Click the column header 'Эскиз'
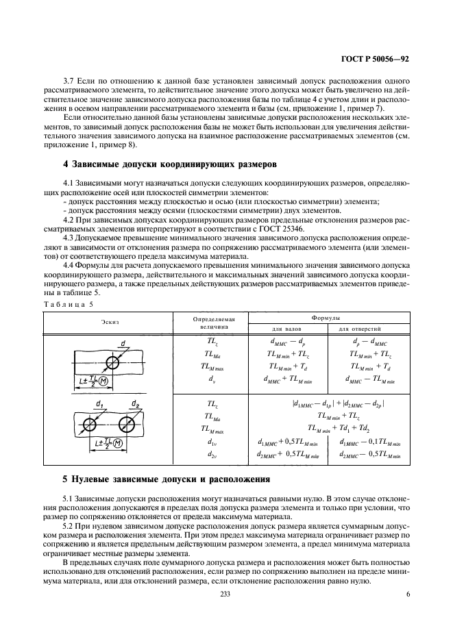click(109, 320)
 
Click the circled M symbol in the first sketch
click(103, 380)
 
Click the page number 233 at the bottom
click(226, 595)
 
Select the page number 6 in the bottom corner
click(407, 595)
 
